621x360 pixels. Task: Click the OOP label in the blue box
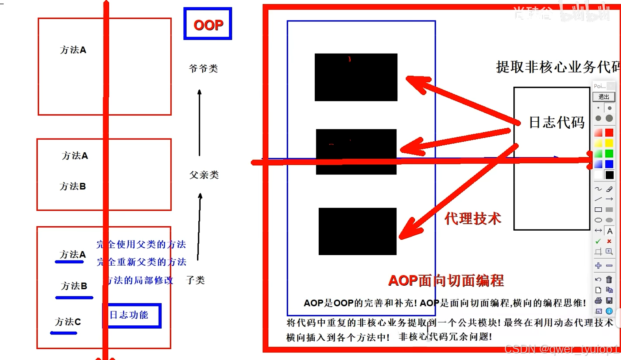click(x=208, y=24)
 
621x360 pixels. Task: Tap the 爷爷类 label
click(x=203, y=69)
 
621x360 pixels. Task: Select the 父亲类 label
click(x=204, y=175)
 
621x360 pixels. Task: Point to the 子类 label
click(x=195, y=280)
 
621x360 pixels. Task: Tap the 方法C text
click(x=68, y=322)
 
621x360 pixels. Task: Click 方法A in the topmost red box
click(x=73, y=50)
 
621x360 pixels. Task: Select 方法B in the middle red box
click(x=73, y=187)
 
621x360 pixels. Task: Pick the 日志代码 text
click(x=556, y=122)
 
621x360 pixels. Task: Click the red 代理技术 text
click(x=473, y=219)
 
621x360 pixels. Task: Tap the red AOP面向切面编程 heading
click(x=446, y=281)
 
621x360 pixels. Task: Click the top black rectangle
click(x=356, y=77)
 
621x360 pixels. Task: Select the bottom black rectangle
click(x=357, y=231)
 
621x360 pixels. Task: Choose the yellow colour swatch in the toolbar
click(x=609, y=143)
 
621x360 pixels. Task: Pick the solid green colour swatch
click(x=609, y=154)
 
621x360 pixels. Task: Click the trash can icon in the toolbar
click(x=609, y=279)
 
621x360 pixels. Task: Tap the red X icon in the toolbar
click(x=609, y=241)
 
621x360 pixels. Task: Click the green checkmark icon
click(x=598, y=241)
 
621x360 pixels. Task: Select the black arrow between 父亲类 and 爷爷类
click(x=199, y=123)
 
